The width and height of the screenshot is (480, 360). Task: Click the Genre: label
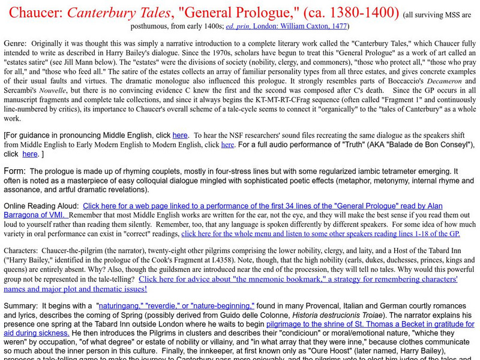[15, 44]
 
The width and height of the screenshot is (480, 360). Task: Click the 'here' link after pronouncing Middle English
[179, 135]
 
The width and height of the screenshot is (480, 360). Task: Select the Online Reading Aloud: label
[41, 206]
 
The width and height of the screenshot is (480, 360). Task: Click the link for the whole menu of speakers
[320, 234]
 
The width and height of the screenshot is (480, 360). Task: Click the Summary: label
[22, 305]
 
